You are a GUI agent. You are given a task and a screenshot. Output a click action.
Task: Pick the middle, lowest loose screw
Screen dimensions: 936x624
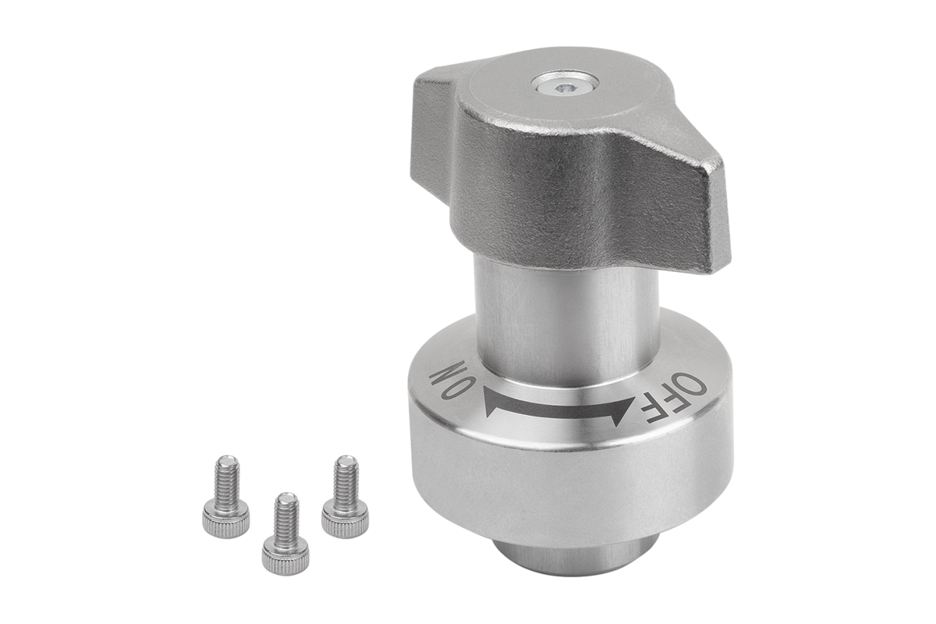(285, 534)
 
